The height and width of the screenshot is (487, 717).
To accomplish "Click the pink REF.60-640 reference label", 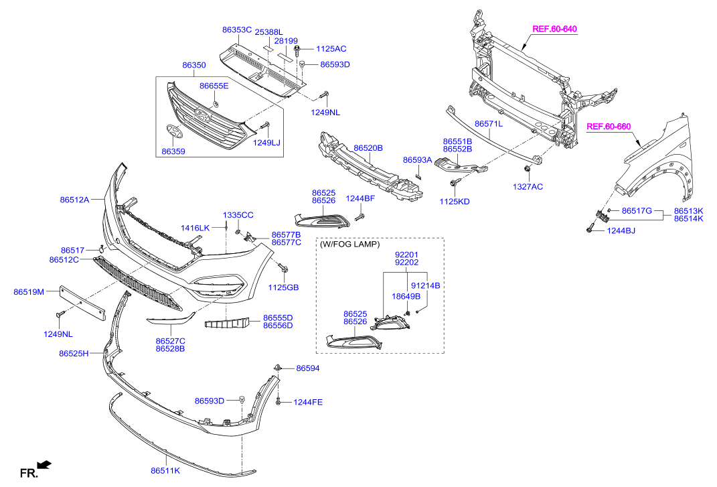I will click(554, 29).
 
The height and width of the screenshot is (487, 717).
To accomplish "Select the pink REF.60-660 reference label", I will click(609, 126).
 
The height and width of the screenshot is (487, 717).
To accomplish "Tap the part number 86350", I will click(194, 66).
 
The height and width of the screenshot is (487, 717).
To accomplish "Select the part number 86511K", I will click(165, 471).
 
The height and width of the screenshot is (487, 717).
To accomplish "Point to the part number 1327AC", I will click(528, 186).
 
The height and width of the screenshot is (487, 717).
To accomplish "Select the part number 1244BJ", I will click(621, 230).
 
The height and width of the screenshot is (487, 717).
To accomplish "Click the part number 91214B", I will click(425, 285).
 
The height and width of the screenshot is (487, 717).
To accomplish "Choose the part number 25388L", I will click(269, 32).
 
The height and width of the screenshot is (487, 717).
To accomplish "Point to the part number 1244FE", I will click(307, 402).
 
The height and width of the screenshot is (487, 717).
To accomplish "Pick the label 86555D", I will click(277, 318).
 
